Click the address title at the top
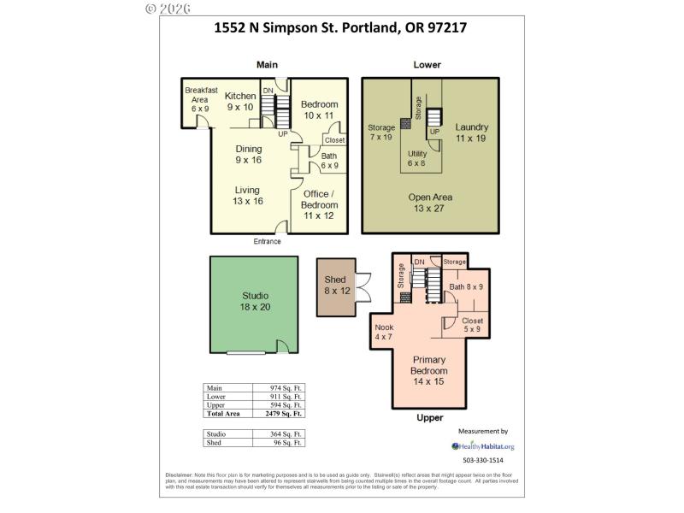(x=339, y=27)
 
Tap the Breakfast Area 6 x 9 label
(x=201, y=99)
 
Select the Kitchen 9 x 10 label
(x=240, y=102)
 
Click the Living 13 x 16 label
(x=248, y=196)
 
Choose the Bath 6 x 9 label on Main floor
(x=329, y=161)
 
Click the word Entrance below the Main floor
(x=267, y=242)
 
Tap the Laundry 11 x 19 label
(x=471, y=132)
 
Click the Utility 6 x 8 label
(x=416, y=157)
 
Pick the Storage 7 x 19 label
(x=381, y=132)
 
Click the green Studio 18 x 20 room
(x=255, y=302)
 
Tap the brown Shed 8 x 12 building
(x=334, y=286)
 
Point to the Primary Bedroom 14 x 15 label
(x=429, y=366)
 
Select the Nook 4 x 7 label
(x=384, y=332)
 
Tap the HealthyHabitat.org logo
(x=483, y=446)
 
